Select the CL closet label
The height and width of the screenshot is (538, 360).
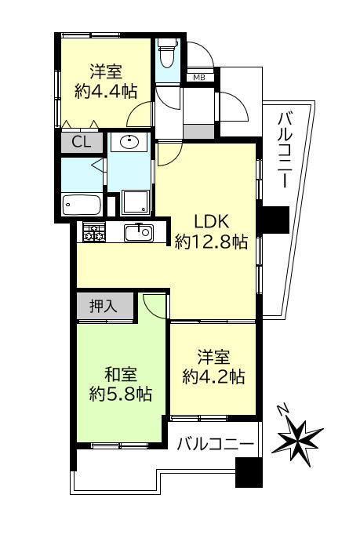[80, 142]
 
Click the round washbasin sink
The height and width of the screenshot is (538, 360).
[128, 143]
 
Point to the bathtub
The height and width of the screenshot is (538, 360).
[82, 205]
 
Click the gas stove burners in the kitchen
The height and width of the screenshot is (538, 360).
[93, 232]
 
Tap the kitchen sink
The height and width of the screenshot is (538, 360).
[142, 231]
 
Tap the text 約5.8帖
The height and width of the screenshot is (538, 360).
[120, 393]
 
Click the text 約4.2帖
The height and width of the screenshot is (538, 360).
[213, 376]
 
